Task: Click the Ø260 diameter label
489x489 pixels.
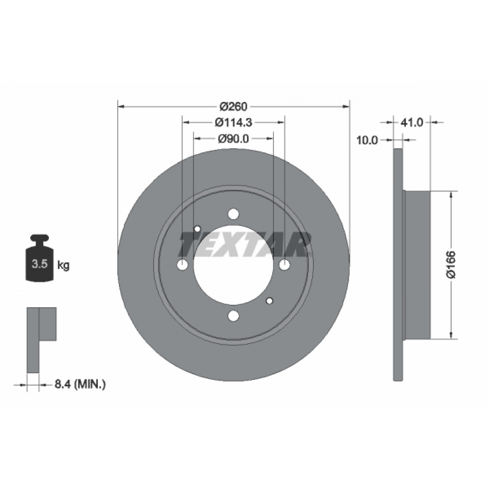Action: pyautogui.click(x=233, y=107)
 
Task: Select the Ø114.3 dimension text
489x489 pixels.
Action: pyautogui.click(x=233, y=123)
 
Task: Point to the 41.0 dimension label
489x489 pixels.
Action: pyautogui.click(x=412, y=123)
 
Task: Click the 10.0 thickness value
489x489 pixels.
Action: pyautogui.click(x=367, y=140)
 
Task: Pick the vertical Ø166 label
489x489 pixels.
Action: pyautogui.click(x=451, y=265)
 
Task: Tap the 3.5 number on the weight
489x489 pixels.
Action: pyautogui.click(x=40, y=265)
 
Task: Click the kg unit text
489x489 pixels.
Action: pyautogui.click(x=64, y=266)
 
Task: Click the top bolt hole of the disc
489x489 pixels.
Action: pyautogui.click(x=233, y=214)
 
